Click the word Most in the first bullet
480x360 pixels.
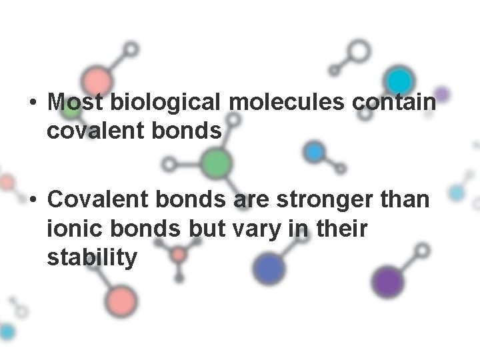coord(75,103)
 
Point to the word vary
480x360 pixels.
coord(246,228)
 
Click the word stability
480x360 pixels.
coord(92,257)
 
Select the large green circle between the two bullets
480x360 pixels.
coord(216,163)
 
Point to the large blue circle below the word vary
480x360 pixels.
coord(269,269)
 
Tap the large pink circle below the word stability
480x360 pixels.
coord(121,300)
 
